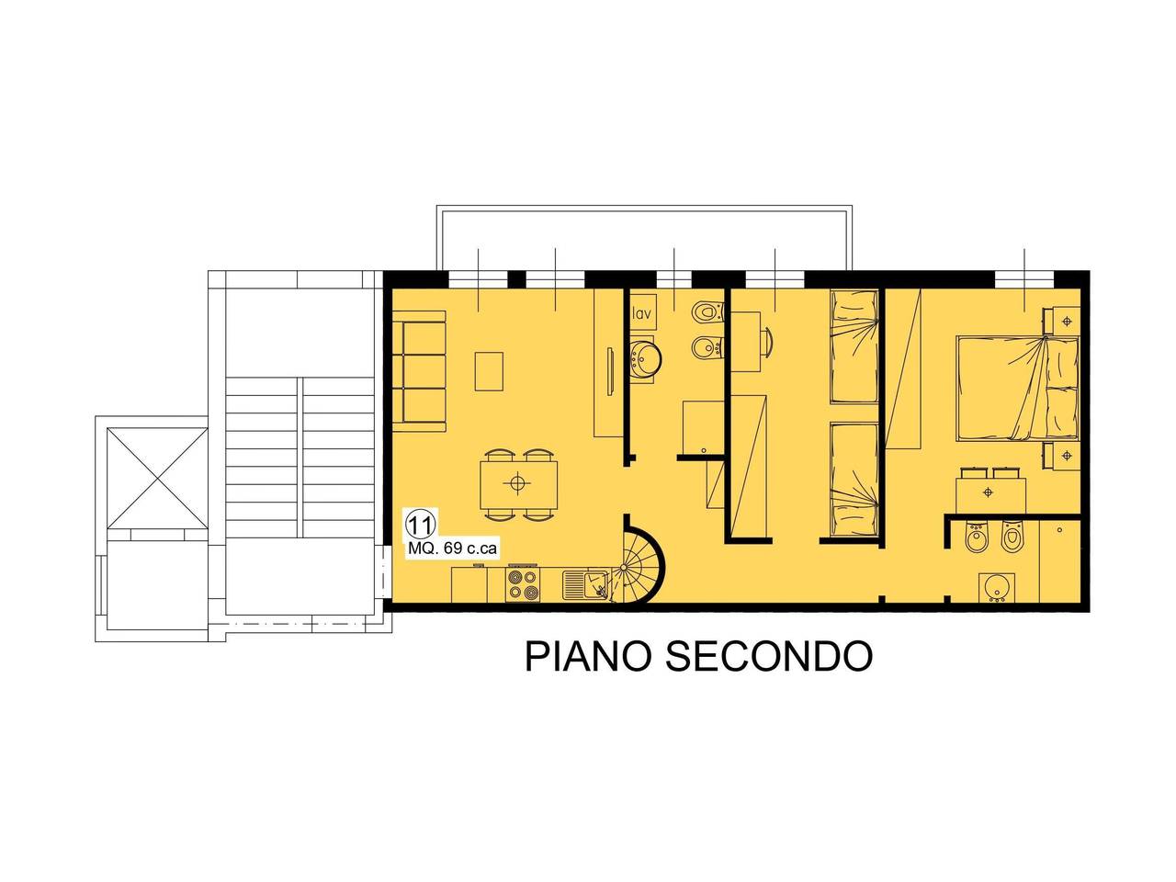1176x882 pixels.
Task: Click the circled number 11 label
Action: [x=421, y=525]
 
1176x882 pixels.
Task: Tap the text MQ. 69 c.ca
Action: [x=452, y=548]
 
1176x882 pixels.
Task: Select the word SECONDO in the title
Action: [x=769, y=656]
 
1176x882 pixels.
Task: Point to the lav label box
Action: [x=642, y=312]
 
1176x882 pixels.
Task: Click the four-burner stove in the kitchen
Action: [x=523, y=584]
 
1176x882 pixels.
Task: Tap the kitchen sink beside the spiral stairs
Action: [x=584, y=585]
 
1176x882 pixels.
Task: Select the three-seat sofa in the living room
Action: [x=419, y=372]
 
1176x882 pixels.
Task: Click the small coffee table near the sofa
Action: [x=489, y=371]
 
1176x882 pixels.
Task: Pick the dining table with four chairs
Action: [x=518, y=483]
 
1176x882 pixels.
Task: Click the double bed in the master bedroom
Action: [x=1017, y=389]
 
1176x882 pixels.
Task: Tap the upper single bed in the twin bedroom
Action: [x=854, y=347]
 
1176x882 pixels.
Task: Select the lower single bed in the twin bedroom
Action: [x=854, y=480]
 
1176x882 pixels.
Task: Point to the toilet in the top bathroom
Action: [x=708, y=311]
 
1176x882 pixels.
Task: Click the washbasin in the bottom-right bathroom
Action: [x=996, y=588]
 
